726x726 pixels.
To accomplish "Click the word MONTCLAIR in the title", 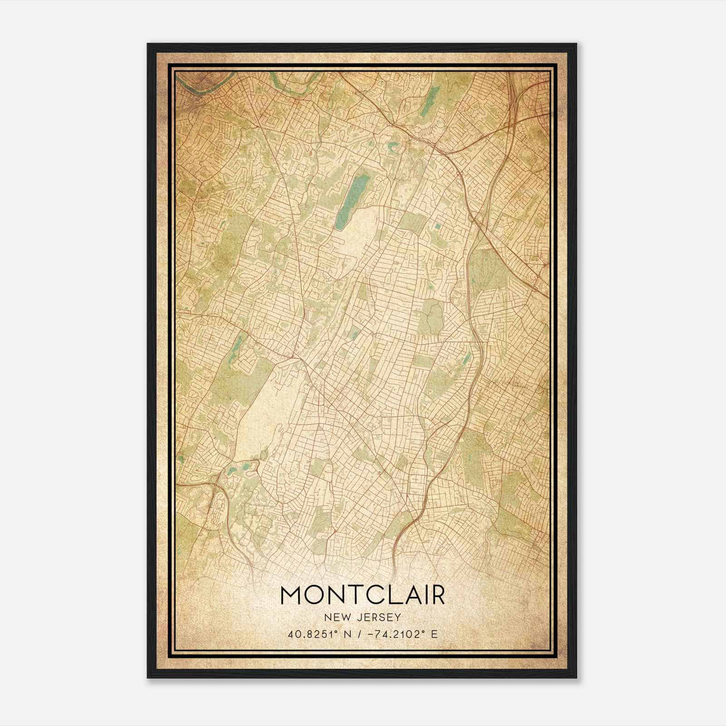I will (363, 595).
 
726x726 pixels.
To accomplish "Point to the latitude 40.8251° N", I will (319, 634).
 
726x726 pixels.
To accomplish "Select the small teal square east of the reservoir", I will (437, 226).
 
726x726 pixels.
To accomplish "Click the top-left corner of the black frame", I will (148, 44).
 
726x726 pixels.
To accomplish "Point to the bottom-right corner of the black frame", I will (576, 677).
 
